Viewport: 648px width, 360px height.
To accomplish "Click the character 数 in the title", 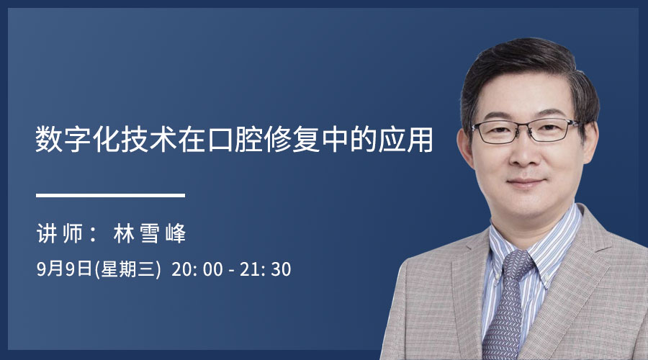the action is click(49, 140).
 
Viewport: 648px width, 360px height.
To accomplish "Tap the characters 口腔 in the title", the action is click(235, 140).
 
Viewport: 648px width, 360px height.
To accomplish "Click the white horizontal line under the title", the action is click(110, 195).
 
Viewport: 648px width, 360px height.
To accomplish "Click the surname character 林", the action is click(124, 234).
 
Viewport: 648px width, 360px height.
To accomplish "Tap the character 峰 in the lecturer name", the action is click(176, 234).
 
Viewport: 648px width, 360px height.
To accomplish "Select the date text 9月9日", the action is click(65, 269).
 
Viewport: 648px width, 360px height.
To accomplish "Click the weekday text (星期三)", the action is click(127, 269).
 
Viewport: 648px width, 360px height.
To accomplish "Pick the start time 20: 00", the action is click(197, 269).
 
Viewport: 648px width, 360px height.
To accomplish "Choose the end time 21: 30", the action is click(265, 269).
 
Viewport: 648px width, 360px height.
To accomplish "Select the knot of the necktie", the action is click(516, 264).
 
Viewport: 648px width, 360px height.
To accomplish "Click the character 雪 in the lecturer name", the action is click(150, 234).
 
